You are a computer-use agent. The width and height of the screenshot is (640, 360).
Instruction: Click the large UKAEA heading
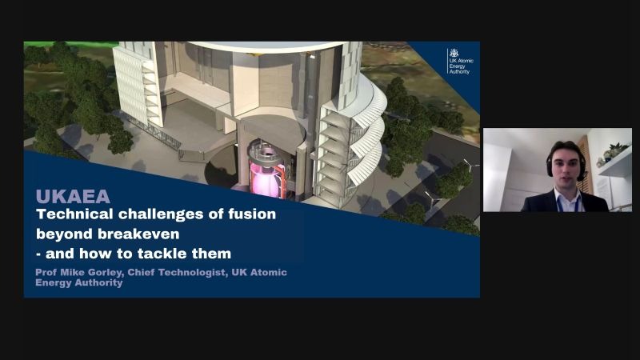(x=73, y=196)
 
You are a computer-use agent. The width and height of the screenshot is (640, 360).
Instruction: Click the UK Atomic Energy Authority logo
(x=461, y=62)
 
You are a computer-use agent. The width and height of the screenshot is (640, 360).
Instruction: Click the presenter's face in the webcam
(x=566, y=168)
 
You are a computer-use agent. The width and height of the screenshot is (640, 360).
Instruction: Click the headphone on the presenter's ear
(x=582, y=170)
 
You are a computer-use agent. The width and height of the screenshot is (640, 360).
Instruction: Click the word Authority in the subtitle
(x=99, y=282)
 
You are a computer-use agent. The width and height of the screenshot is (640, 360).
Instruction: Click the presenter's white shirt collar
(x=567, y=195)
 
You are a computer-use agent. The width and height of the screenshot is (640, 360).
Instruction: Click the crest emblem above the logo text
(x=454, y=53)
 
